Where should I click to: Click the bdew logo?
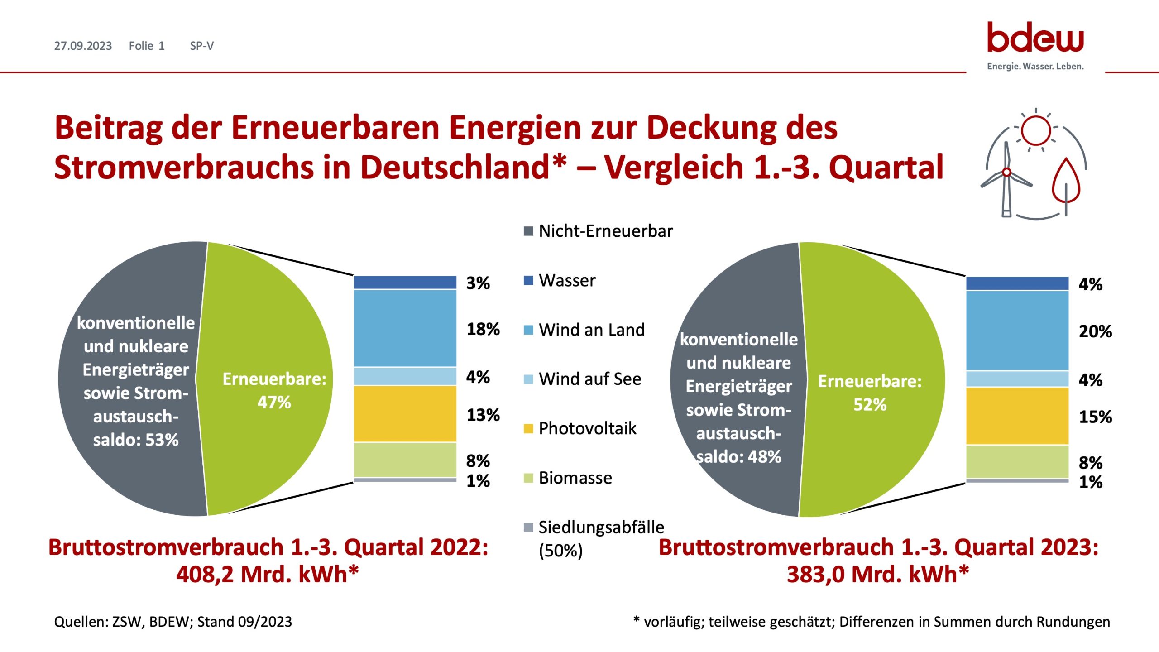coord(1035,38)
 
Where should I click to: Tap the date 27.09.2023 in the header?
coord(83,46)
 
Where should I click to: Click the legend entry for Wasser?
coord(566,281)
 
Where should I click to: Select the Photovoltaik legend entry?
coord(587,428)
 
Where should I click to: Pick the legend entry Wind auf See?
coord(589,379)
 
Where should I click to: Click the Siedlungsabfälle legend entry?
coord(600,527)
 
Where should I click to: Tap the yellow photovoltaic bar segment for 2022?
coord(405,413)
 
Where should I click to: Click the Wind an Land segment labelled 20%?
coord(1017,331)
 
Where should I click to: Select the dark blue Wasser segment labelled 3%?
coord(405,282)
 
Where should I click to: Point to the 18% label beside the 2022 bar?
coord(483,329)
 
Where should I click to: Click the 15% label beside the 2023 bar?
coord(1095,417)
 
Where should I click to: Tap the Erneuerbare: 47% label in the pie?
coord(274,390)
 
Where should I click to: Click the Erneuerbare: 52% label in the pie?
coord(869,393)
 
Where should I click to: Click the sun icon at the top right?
coord(1035,130)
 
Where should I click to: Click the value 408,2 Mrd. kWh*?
coord(267,574)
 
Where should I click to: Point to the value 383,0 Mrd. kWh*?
coord(877,574)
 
